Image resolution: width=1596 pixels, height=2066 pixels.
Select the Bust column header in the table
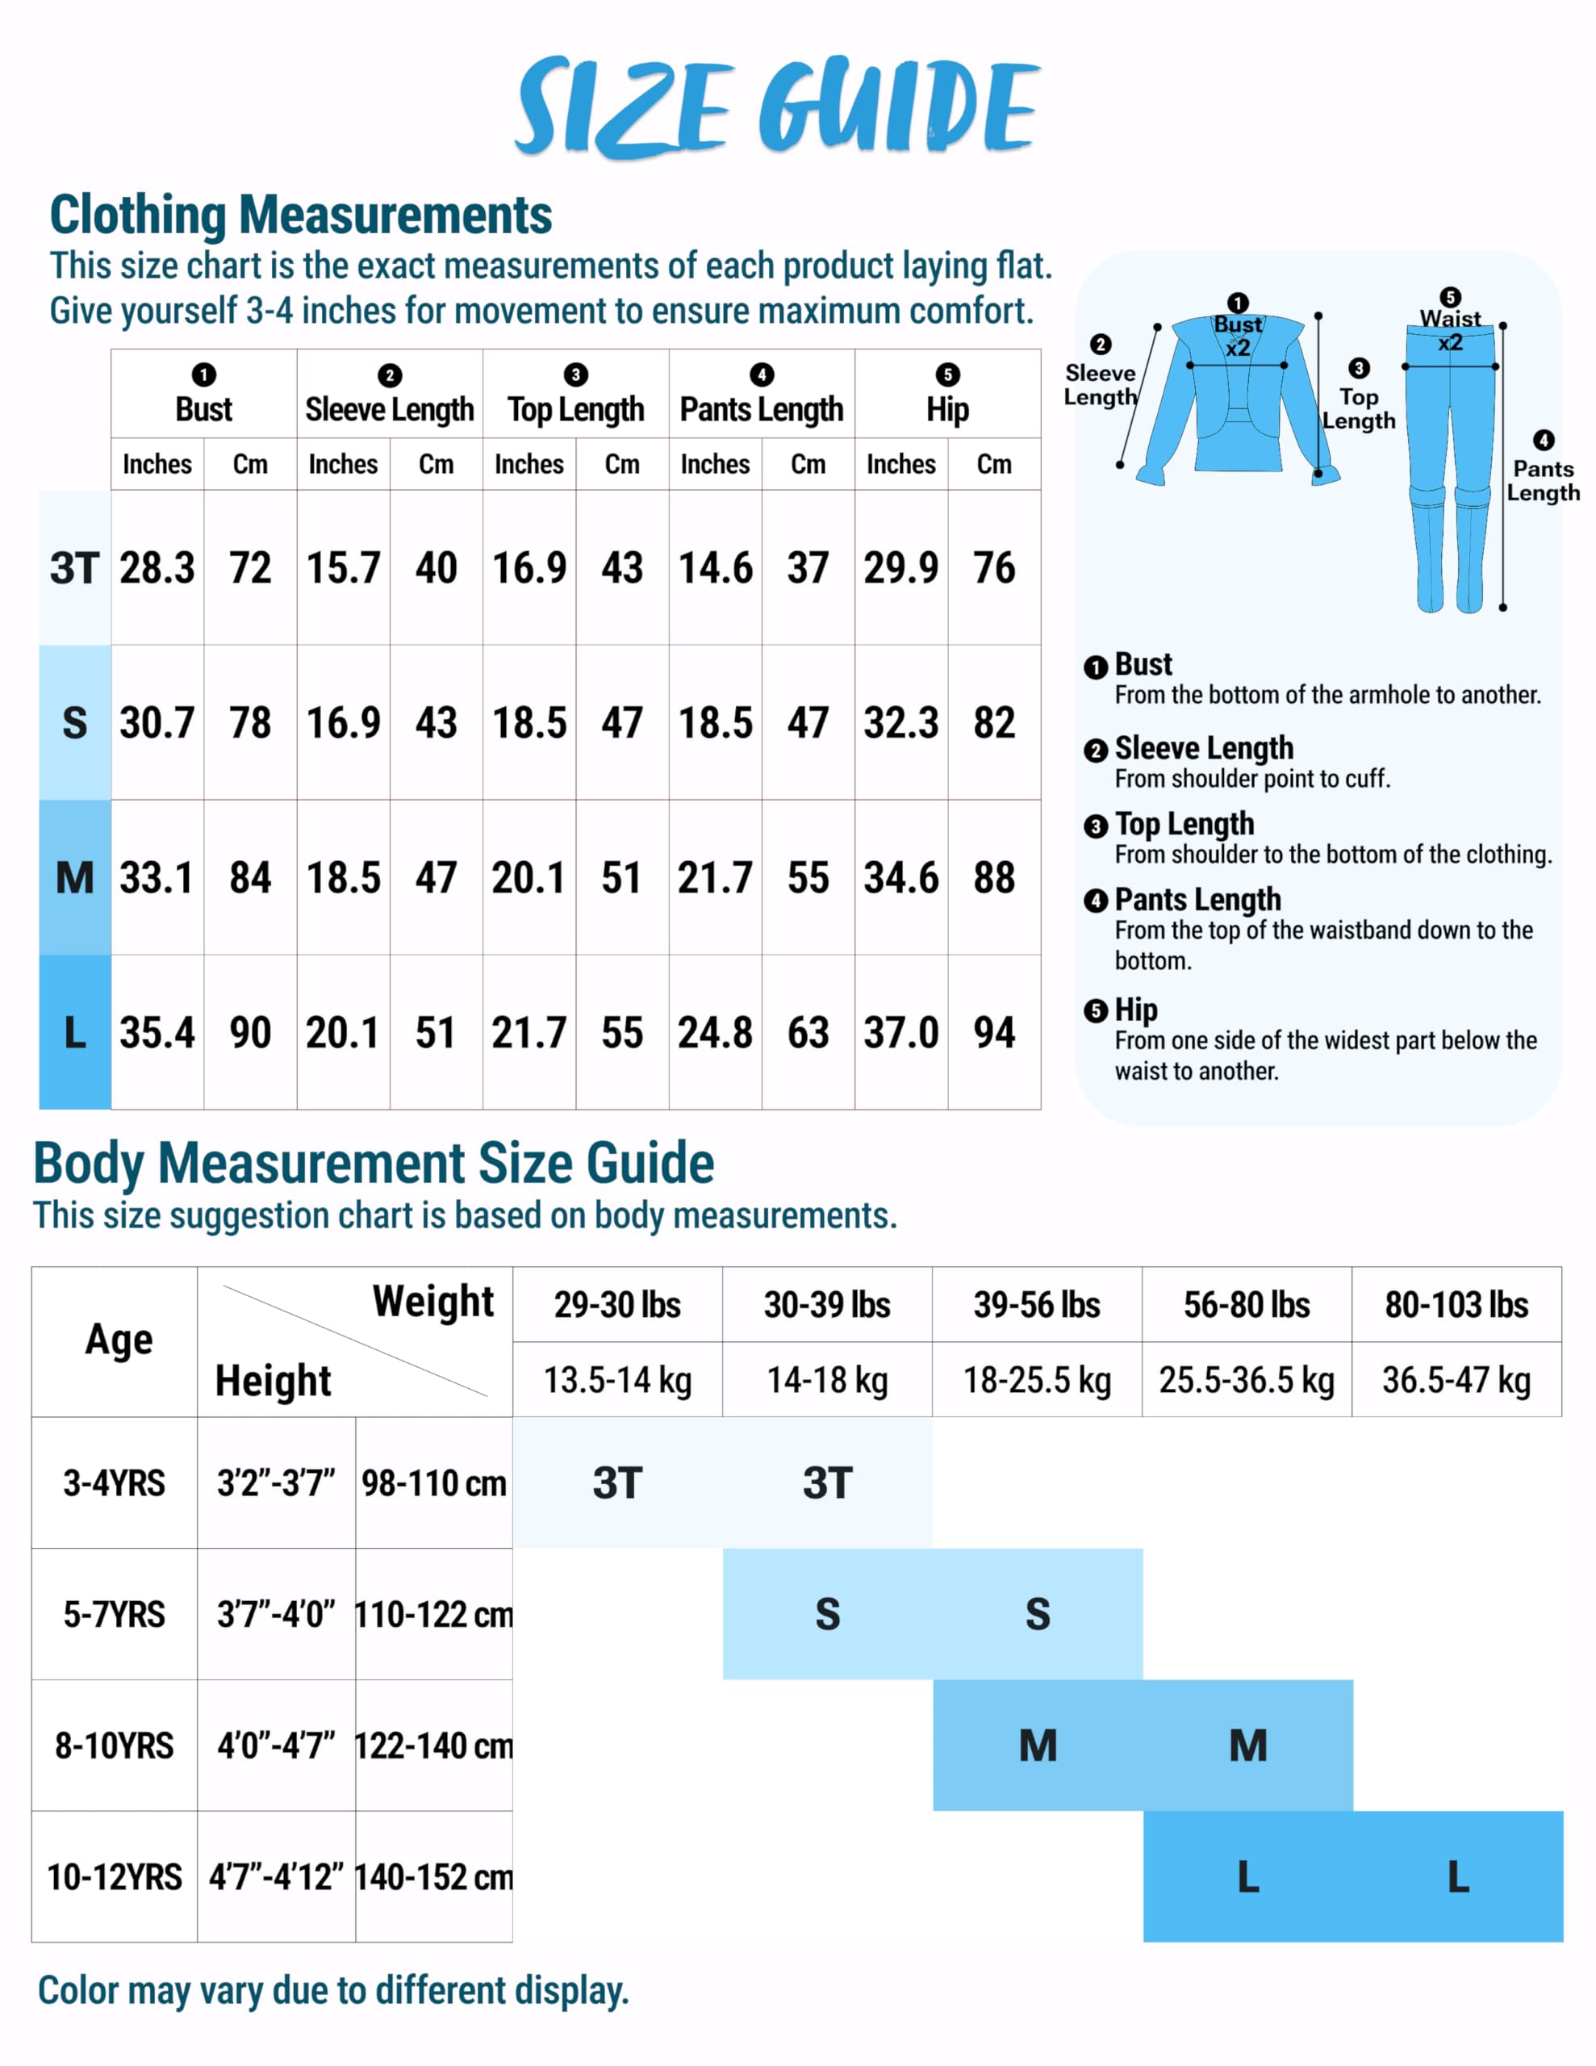pos(203,408)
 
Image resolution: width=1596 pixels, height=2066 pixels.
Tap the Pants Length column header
pos(762,408)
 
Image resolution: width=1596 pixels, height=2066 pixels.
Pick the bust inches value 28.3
pos(157,568)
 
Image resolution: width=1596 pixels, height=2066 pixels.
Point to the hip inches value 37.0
pos(900,1032)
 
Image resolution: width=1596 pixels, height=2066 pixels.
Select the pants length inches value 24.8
pos(715,1032)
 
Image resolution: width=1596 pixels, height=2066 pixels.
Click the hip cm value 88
pos(994,878)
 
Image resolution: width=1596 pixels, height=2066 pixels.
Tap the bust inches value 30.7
pos(157,724)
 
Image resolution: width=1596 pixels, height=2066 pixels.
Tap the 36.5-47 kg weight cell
pos(1456,1380)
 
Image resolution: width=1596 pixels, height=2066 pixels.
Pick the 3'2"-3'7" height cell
pos(276,1483)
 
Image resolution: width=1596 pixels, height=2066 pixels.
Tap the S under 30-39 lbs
pos(827,1615)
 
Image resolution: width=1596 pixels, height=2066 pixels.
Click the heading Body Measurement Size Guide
pos(374,1164)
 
